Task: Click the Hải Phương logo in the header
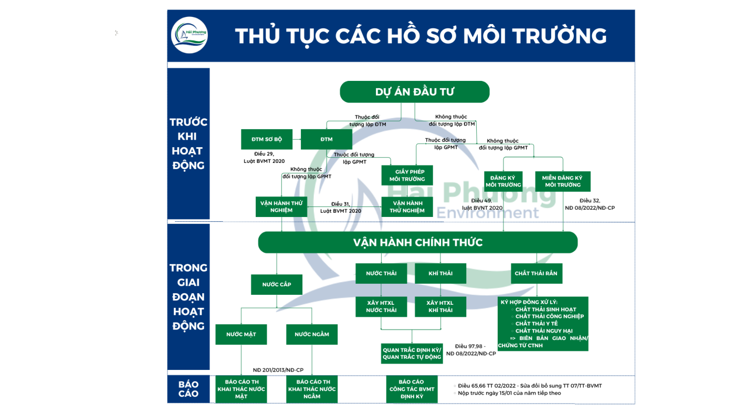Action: (x=190, y=35)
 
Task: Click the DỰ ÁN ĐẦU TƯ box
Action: (x=414, y=92)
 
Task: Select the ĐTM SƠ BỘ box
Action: (x=267, y=139)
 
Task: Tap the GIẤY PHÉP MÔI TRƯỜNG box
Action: (x=407, y=175)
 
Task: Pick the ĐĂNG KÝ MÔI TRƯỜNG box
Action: (x=503, y=181)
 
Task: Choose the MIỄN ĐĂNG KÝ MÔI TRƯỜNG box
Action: (x=562, y=181)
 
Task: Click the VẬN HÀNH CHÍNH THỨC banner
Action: (x=417, y=243)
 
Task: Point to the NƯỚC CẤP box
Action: (x=277, y=284)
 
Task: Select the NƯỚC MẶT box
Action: (x=241, y=334)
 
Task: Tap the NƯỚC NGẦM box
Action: (x=312, y=334)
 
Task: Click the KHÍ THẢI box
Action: (x=440, y=273)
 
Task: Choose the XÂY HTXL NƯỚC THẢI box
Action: (x=381, y=306)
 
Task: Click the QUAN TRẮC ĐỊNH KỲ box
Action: (x=412, y=354)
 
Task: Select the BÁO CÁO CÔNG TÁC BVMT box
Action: (x=412, y=389)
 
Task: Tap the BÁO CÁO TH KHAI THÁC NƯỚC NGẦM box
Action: (x=312, y=389)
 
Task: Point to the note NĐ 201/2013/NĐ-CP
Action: (x=278, y=370)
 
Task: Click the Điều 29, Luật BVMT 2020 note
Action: (x=264, y=157)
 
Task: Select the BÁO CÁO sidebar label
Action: (x=188, y=389)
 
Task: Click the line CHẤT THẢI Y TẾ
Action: (x=537, y=324)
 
